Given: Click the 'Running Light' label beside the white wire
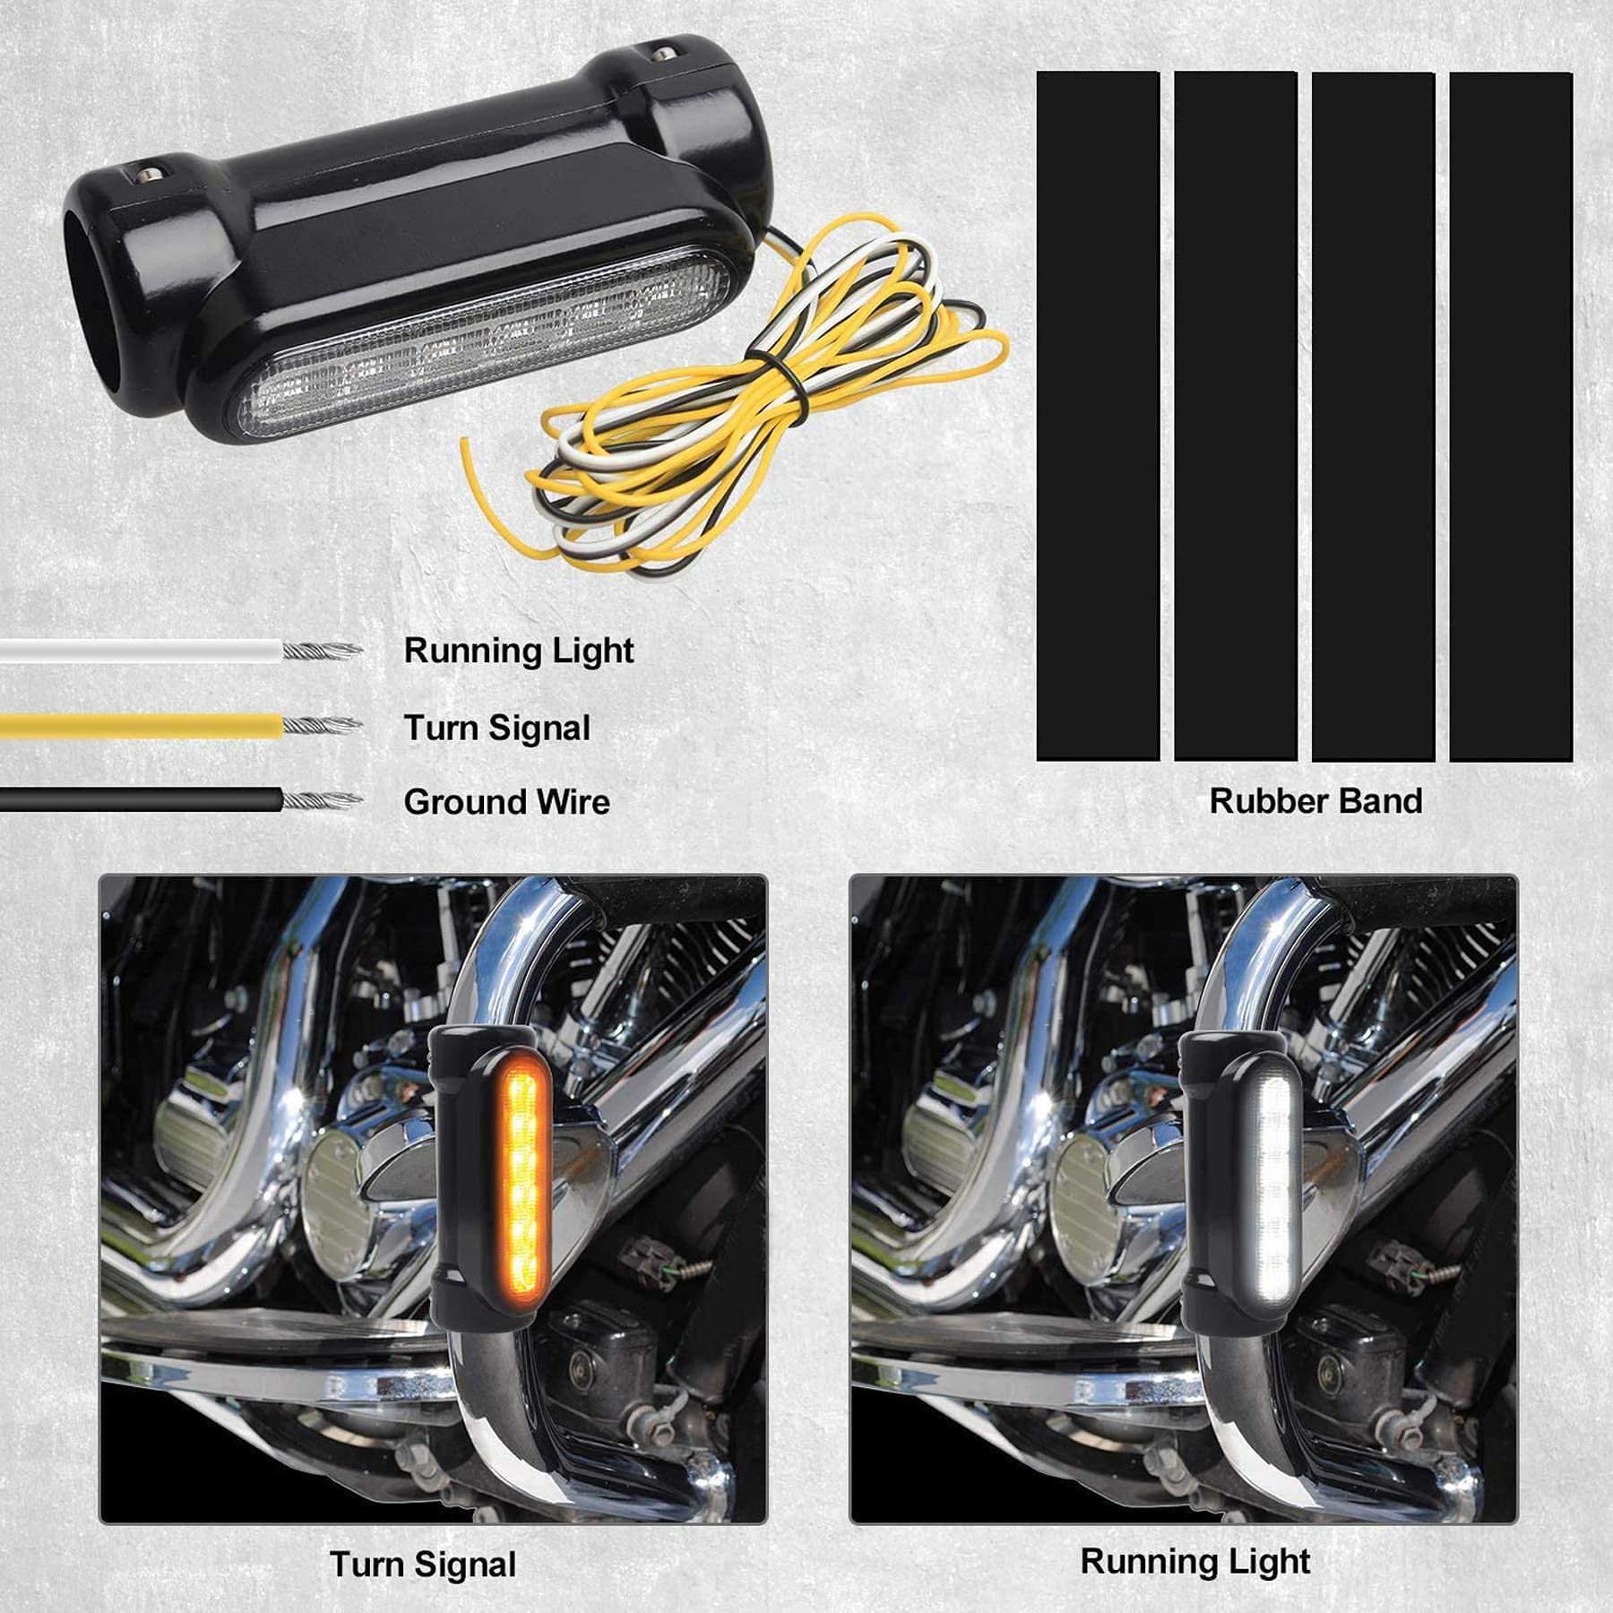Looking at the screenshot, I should [x=518, y=651].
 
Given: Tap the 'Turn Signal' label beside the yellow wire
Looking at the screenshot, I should [x=496, y=728].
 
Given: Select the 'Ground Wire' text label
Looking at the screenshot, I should [x=506, y=802].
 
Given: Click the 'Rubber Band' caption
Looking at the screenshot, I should [x=1315, y=801].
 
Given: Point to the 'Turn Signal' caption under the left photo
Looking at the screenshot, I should [x=423, y=1565].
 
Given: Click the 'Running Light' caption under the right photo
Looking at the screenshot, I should [x=1195, y=1561].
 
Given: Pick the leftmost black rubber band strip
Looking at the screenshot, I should [x=1098, y=417].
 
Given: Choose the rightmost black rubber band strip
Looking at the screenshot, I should [x=1511, y=417].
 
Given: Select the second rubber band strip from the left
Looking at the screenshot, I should [x=1236, y=417].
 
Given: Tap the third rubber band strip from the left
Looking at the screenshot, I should [x=1373, y=417].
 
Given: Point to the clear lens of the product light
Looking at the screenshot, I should [x=484, y=345].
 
